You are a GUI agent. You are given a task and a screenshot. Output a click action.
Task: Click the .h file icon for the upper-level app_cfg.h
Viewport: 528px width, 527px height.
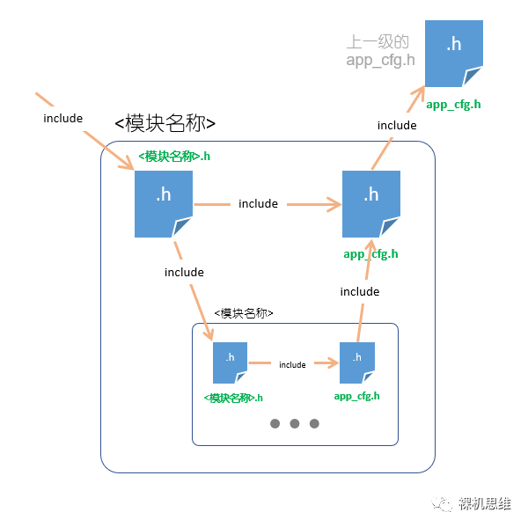(454, 52)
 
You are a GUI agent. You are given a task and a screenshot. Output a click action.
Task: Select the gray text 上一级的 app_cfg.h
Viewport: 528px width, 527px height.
(379, 51)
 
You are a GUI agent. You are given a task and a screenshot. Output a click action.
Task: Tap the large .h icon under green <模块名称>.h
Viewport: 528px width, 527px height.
(163, 203)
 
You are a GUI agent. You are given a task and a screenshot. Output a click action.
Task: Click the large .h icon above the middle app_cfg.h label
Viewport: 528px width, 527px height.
(370, 203)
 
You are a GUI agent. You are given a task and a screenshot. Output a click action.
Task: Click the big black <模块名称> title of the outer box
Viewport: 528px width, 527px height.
(165, 123)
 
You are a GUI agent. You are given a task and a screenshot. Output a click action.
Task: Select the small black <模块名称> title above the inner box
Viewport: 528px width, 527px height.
(244, 313)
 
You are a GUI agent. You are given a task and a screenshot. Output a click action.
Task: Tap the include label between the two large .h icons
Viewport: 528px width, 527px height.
(258, 204)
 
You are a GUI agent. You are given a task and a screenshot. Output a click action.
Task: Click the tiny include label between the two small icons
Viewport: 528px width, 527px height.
(292, 364)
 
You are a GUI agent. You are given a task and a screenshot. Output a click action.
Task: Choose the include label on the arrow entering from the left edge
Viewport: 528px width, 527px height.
(62, 119)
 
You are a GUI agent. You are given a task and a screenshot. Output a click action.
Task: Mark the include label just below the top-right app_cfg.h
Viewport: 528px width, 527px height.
(397, 125)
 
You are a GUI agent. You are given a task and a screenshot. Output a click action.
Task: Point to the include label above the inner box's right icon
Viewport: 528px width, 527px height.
(359, 291)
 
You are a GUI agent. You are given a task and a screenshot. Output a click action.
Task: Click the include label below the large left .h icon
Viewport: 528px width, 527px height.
(184, 272)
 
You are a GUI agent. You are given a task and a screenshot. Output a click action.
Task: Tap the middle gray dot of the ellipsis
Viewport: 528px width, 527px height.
(295, 423)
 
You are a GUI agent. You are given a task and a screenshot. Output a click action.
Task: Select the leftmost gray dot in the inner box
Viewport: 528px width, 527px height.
(275, 423)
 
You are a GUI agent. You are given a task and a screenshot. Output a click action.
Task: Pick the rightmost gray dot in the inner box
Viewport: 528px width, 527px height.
(314, 423)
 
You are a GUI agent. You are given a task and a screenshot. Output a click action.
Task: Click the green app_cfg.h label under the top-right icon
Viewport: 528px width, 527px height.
(453, 105)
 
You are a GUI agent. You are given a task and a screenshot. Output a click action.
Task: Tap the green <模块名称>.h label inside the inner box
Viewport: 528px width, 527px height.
(233, 398)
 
